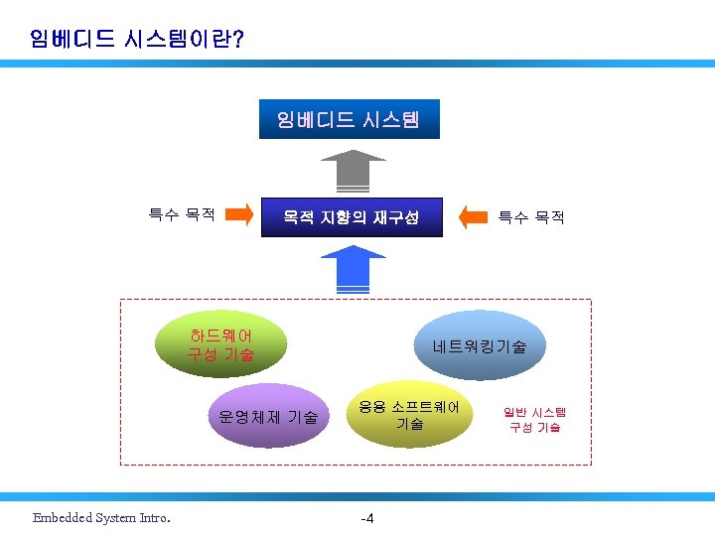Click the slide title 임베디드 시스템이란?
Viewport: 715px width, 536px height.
pos(138,39)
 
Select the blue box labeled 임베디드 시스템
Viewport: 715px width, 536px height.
pos(348,120)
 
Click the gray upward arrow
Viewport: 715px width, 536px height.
pos(353,170)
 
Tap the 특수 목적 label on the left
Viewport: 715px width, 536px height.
pos(182,214)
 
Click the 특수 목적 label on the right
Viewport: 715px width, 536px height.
pos(531,216)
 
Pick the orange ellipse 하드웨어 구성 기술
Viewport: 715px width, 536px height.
pos(221,344)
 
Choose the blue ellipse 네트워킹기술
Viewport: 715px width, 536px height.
pos(480,346)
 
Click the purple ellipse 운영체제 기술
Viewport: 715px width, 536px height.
pos(268,417)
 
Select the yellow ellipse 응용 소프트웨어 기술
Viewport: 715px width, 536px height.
pos(409,414)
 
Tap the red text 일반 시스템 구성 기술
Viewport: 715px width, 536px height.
pos(534,419)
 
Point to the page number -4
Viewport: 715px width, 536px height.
pos(366,518)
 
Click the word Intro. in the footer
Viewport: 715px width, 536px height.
pos(153,517)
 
